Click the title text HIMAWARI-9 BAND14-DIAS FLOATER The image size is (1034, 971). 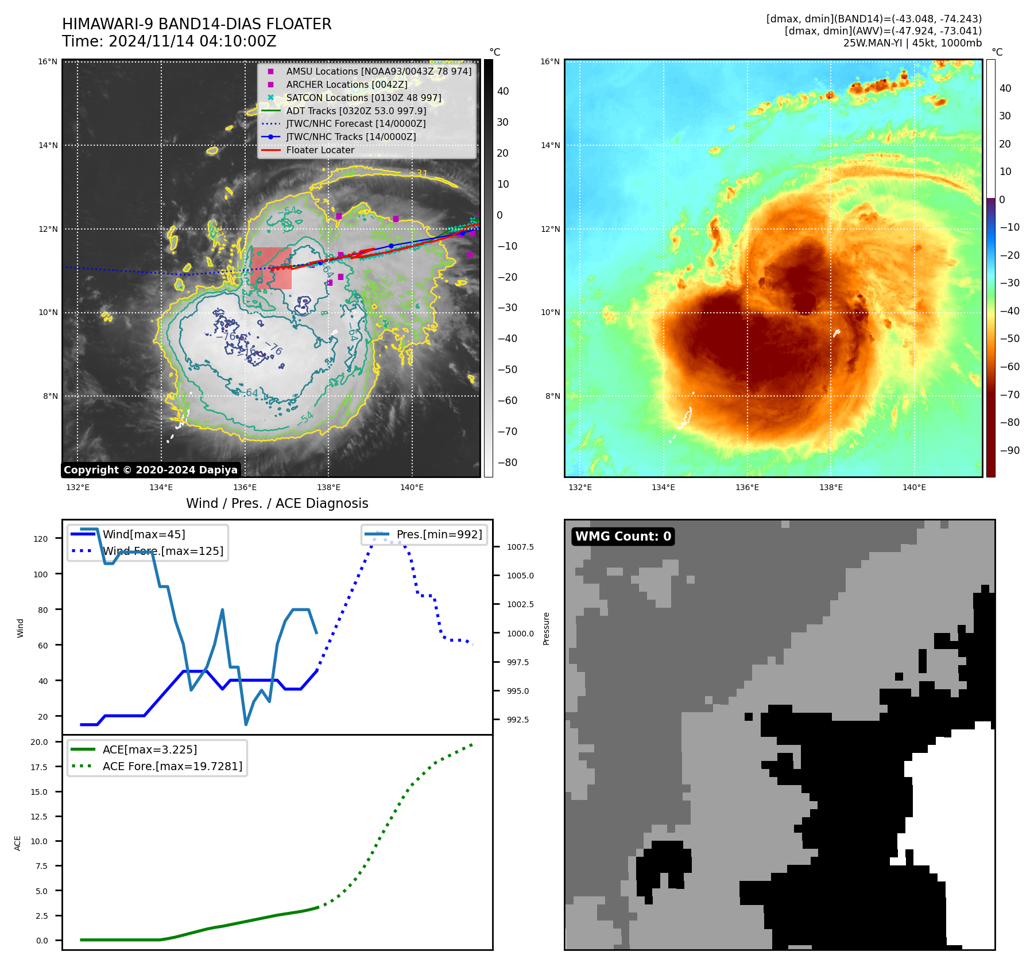point(196,24)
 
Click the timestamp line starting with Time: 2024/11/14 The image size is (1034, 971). point(169,41)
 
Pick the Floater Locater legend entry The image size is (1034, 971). point(320,150)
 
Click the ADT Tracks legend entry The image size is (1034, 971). point(356,111)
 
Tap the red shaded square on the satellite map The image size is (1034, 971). point(271,268)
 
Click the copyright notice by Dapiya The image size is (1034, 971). point(150,470)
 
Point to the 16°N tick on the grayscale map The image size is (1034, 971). point(48,61)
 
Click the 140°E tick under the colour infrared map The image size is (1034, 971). point(914,487)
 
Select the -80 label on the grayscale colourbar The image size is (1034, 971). point(508,462)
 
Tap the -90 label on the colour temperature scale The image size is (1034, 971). point(1010,450)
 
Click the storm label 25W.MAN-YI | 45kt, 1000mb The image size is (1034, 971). point(912,43)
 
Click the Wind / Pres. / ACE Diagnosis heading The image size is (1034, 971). point(277,503)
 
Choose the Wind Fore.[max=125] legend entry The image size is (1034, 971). point(162,551)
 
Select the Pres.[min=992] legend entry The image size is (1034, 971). point(439,534)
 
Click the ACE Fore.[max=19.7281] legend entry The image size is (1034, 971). point(172,766)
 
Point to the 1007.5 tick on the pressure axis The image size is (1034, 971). point(520,547)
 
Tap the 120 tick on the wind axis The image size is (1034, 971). point(41,538)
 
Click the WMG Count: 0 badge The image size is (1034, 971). point(623,536)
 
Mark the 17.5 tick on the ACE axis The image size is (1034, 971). point(39,767)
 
